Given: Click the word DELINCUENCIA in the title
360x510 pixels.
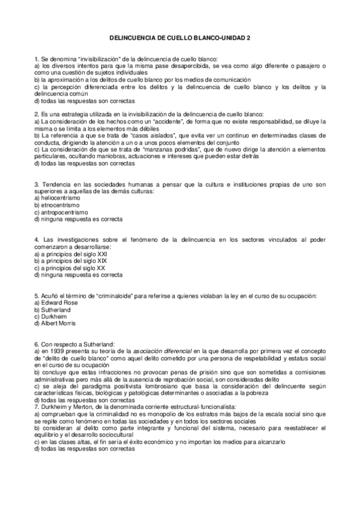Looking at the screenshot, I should pyautogui.click(x=132, y=37).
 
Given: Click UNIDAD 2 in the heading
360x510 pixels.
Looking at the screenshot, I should pyautogui.click(x=236, y=37).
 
